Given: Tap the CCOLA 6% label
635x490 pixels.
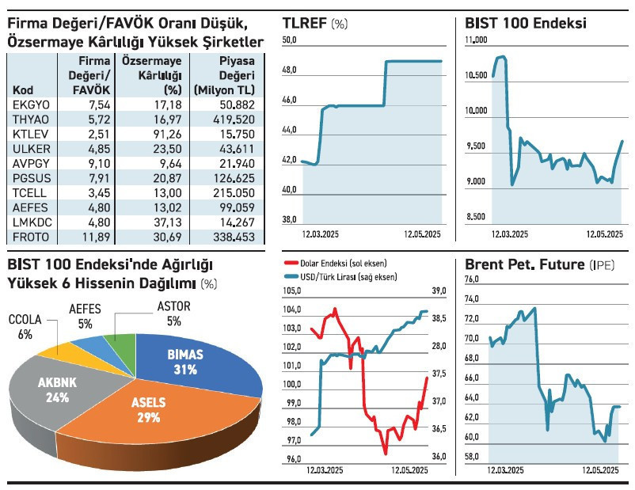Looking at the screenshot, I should tap(27, 327).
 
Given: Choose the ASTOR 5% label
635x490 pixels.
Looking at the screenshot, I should tap(173, 313).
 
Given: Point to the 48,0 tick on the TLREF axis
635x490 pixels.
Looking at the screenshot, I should tap(289, 71).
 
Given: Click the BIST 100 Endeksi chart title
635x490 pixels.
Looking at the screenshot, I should tap(527, 23).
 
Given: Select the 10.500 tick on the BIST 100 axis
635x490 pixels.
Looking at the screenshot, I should tap(477, 76).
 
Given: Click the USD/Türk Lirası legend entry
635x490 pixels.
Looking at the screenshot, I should tap(340, 276).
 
